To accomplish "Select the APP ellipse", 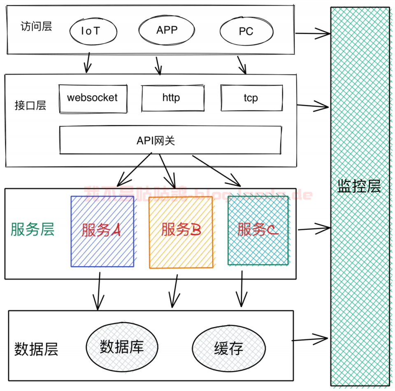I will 166,30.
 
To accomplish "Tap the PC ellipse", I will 246,31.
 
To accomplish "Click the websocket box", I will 93,98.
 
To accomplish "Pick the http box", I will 172,98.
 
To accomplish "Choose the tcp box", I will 251,98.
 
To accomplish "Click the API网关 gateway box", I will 170,140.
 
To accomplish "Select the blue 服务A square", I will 102,231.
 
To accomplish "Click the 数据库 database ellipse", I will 122,347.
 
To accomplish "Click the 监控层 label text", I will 359,186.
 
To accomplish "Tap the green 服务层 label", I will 33,229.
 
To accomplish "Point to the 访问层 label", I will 36,27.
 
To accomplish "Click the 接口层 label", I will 30,106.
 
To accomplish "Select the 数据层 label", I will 36,349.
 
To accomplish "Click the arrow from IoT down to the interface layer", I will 88,62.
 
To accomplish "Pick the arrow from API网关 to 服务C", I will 216,171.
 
